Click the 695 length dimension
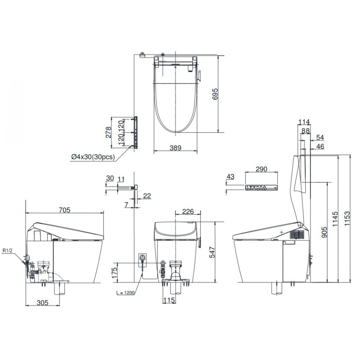(215, 94)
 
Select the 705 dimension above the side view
(64, 210)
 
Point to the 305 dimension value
(42, 303)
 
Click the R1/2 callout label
(7, 251)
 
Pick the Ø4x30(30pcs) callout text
(93, 157)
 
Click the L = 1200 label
(125, 293)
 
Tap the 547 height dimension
(212, 252)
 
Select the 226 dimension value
(188, 211)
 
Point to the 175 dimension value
(114, 273)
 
